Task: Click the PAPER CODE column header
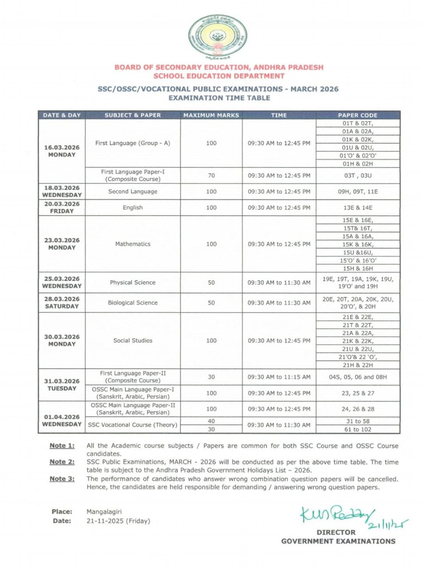[358, 115]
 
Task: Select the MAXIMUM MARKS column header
[211, 115]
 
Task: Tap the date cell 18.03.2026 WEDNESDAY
[62, 191]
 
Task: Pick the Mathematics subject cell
[133, 244]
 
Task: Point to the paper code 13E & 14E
[358, 208]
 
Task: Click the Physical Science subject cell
[133, 283]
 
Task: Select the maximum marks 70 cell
[211, 175]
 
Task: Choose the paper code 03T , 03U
[358, 175]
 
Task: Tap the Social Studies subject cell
[133, 340]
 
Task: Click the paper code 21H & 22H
[358, 365]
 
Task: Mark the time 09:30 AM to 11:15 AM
[279, 377]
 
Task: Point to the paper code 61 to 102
[358, 429]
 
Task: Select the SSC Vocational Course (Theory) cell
[133, 425]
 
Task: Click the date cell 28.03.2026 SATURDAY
[62, 303]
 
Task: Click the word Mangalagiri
[104, 512]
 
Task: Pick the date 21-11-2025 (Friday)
[118, 521]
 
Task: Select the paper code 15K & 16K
[358, 245]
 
